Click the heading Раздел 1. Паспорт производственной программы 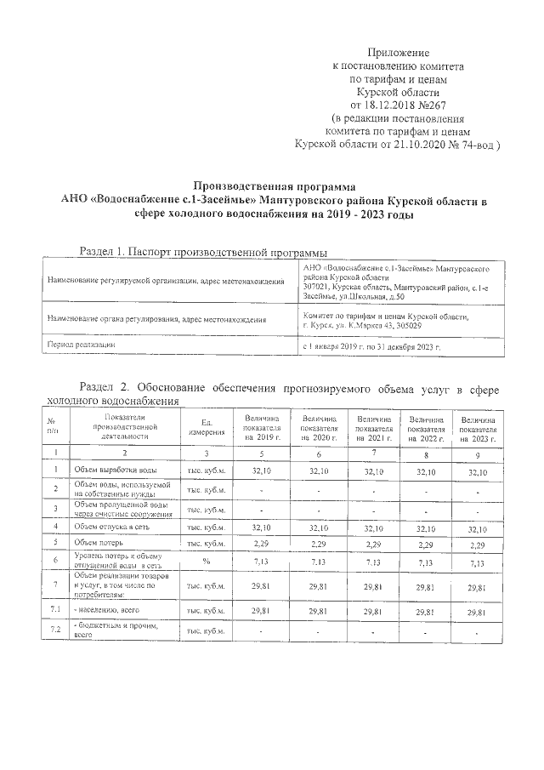tap(202, 252)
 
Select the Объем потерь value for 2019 tap(262, 542)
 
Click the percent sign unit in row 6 tap(206, 560)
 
